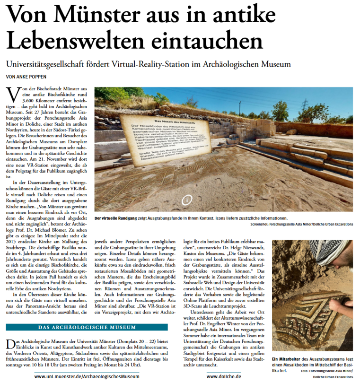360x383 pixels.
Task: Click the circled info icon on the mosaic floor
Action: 187,200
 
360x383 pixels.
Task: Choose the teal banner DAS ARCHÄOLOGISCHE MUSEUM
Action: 87,327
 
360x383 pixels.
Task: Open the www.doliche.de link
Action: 224,377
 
